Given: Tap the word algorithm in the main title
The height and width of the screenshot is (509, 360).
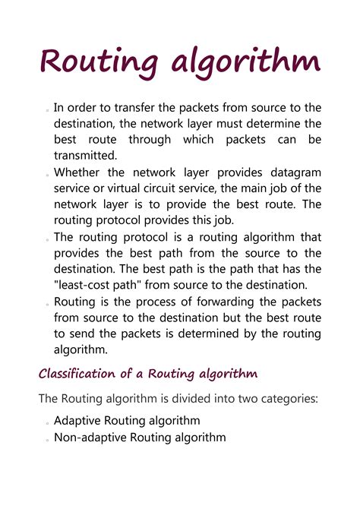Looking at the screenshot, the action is [245, 62].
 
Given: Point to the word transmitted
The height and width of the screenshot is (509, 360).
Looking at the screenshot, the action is [86, 156].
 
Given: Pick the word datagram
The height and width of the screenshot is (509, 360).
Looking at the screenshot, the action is [291, 172].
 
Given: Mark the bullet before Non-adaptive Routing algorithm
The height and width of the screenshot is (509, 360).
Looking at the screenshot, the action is [46, 439].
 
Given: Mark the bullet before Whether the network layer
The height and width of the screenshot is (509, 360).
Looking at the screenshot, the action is [46, 174].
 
